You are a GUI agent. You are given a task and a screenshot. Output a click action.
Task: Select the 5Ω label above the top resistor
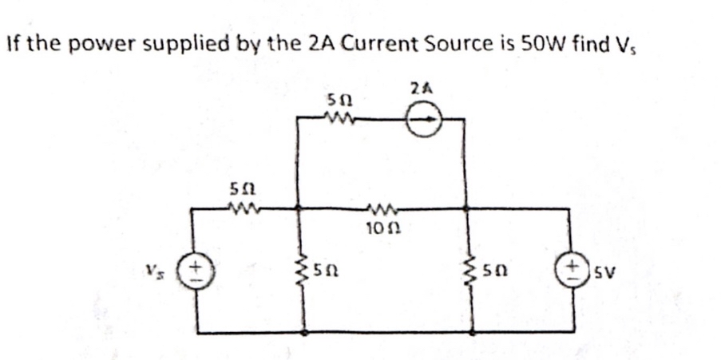[336, 101]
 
